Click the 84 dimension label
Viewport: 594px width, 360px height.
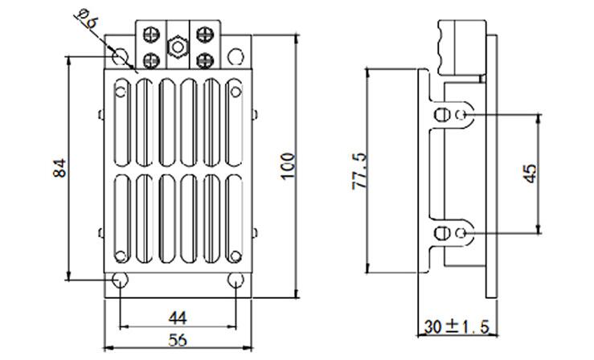[59, 168]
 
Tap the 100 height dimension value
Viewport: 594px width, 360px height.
[288, 166]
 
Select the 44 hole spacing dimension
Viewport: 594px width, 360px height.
[178, 317]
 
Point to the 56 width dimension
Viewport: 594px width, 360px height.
[178, 340]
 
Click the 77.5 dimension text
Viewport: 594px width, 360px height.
[359, 170]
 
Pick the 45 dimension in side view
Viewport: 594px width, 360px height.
[531, 174]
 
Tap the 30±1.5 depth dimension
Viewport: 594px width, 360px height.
[457, 327]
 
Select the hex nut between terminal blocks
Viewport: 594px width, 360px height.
[178, 47]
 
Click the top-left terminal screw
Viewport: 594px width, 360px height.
[151, 35]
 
